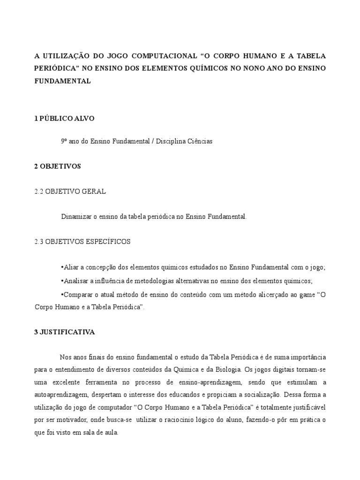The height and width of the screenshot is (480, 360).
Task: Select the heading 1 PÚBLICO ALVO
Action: tap(64, 119)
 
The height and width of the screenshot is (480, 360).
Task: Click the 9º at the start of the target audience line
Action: tap(64, 141)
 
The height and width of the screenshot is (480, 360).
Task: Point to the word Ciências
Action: tap(199, 141)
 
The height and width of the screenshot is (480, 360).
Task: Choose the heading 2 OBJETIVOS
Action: tap(58, 166)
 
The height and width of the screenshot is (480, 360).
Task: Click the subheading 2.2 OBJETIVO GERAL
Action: tap(70, 191)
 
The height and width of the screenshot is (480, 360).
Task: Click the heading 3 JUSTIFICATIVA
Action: tap(64, 332)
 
